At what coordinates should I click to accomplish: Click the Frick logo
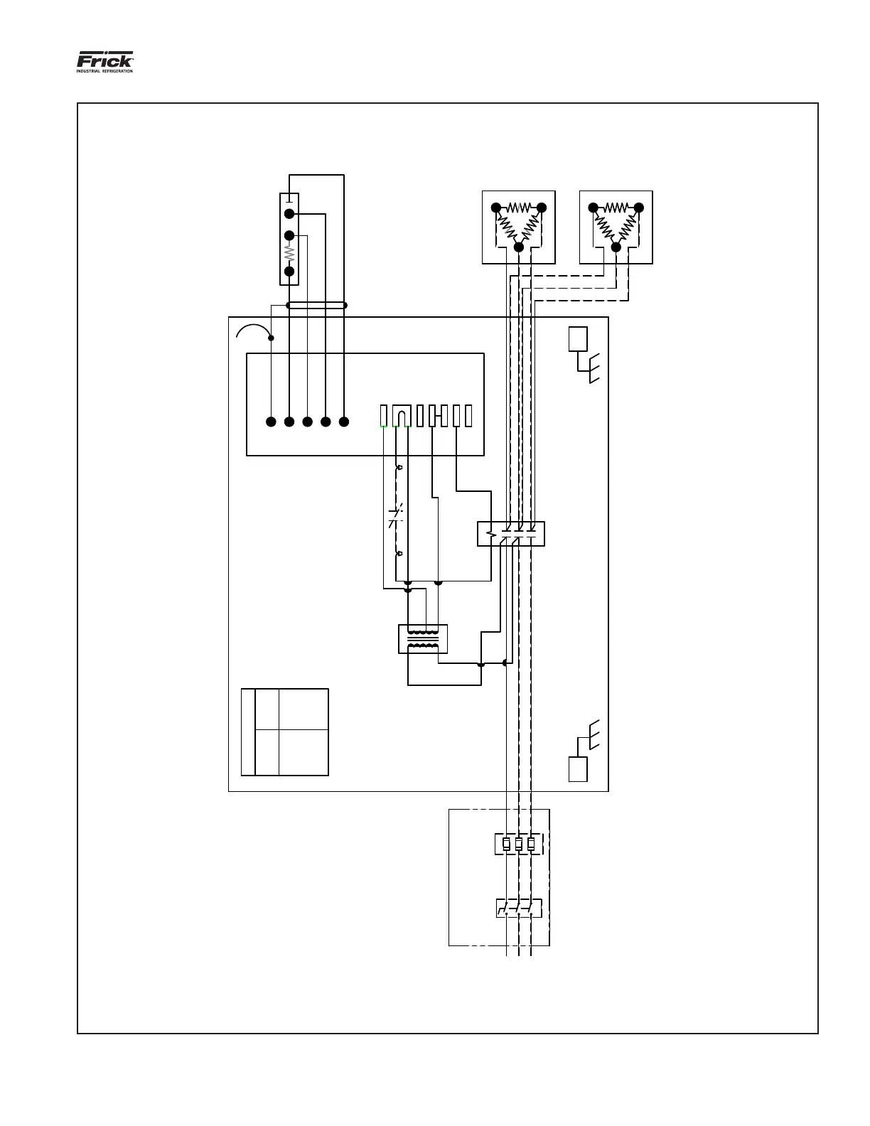tap(104, 59)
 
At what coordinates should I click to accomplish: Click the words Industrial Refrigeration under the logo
tap(104, 70)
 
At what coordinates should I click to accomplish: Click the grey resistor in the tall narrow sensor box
tap(289, 253)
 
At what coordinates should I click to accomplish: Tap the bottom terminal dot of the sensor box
tap(289, 271)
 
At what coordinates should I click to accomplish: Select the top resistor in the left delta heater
tap(519, 208)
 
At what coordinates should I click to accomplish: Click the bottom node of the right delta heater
tap(616, 247)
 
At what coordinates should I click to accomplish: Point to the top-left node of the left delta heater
tap(496, 208)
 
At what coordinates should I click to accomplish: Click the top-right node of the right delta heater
tap(639, 208)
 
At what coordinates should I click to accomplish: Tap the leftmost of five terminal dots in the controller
tap(271, 422)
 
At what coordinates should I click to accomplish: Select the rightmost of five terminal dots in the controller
tap(344, 422)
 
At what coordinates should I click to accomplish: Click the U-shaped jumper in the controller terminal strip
tap(402, 416)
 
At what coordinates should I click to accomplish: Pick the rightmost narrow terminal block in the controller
tap(468, 416)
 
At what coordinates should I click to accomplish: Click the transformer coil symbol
tap(423, 638)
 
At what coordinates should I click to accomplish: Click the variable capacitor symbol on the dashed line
tap(397, 517)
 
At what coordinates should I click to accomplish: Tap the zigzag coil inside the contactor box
tap(490, 534)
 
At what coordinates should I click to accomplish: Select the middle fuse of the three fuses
tap(518, 844)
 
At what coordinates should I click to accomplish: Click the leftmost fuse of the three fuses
tap(506, 844)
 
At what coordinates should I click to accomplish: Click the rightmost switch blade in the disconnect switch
tap(530, 908)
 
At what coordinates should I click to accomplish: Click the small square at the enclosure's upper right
tap(578, 339)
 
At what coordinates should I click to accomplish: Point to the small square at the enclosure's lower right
tap(578, 769)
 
